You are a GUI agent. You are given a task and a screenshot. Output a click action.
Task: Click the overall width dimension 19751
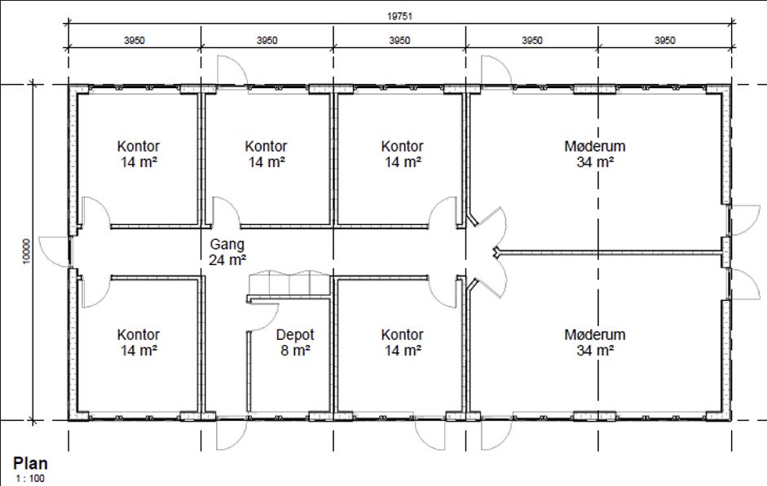[399, 16]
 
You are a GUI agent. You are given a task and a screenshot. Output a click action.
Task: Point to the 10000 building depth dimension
[26, 251]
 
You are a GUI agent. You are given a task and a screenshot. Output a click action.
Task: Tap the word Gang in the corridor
[227, 245]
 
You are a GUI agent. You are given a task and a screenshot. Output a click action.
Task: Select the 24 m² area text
[227, 260]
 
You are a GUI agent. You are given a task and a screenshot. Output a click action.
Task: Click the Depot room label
[295, 335]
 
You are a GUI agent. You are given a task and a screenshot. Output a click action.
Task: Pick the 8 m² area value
[295, 351]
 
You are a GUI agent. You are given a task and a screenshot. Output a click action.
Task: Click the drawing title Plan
[30, 463]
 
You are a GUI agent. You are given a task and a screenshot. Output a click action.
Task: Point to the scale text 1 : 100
[30, 478]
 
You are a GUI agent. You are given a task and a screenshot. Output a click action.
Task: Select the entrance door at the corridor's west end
[54, 252]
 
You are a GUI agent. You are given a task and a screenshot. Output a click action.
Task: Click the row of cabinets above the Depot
[289, 283]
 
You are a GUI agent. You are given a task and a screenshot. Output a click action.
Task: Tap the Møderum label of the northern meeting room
[595, 146]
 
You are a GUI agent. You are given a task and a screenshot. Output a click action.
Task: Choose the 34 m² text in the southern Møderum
[595, 351]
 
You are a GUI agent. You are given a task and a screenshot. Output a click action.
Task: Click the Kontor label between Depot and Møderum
[402, 335]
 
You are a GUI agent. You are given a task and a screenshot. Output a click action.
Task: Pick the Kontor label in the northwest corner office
[138, 146]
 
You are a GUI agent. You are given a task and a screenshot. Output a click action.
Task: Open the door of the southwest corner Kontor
[95, 292]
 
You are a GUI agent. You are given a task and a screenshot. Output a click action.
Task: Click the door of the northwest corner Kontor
[95, 212]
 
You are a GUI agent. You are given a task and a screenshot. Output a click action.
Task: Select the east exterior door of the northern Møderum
[744, 220]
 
